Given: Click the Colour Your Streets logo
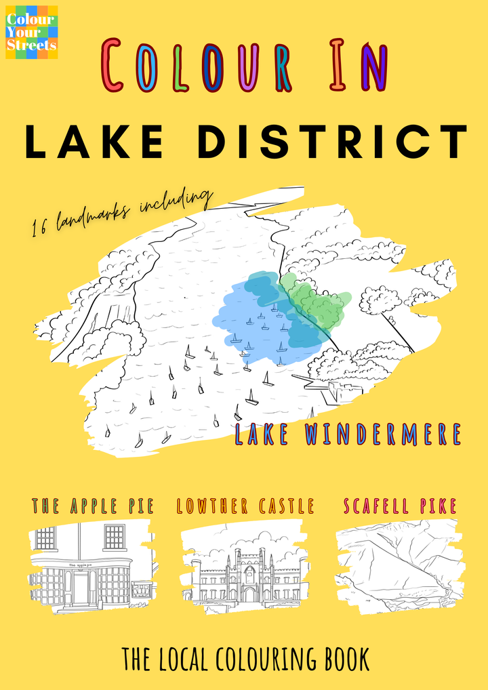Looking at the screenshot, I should [x=31, y=32].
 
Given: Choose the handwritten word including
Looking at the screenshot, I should [x=178, y=200].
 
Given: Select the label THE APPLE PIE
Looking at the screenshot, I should [x=93, y=506].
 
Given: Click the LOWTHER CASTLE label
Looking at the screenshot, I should [x=245, y=506].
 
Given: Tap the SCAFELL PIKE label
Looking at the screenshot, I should [x=400, y=506].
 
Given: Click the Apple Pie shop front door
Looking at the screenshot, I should [x=81, y=587].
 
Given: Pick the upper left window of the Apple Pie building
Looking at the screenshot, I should [x=46, y=538].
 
